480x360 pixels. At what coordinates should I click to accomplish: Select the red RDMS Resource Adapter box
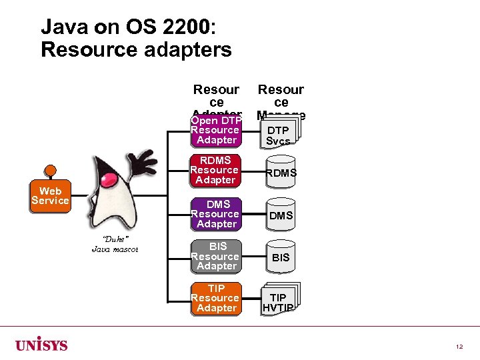(215, 171)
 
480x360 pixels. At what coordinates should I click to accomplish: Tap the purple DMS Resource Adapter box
(215, 214)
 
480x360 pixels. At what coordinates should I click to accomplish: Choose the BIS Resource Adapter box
(215, 257)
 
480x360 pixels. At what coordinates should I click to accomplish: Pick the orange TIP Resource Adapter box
(215, 299)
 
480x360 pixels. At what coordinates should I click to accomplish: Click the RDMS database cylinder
(281, 173)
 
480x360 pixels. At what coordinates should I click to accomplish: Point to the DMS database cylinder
(281, 215)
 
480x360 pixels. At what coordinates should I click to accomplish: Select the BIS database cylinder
(281, 257)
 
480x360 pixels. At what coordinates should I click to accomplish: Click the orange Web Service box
(50, 196)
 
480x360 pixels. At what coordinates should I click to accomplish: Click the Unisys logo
(41, 345)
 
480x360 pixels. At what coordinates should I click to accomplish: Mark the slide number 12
(459, 347)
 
